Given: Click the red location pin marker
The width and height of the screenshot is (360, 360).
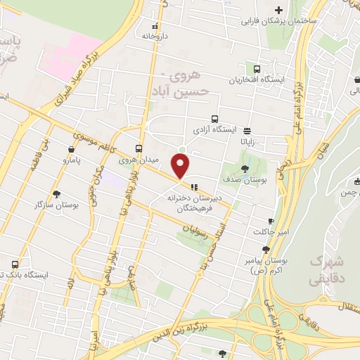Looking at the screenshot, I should click(x=181, y=167).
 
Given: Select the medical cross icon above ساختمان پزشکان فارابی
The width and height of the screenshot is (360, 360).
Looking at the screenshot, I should click(x=279, y=10).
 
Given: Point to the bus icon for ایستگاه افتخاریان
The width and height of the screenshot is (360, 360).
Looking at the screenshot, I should click(x=257, y=69).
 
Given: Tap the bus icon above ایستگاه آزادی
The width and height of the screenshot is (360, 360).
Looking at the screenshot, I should click(x=214, y=119).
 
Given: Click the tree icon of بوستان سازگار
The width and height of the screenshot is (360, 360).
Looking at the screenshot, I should click(x=56, y=193).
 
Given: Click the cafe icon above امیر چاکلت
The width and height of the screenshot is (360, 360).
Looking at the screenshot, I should click(x=271, y=221).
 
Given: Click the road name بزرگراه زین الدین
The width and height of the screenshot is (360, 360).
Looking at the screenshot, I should click(x=197, y=333).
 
